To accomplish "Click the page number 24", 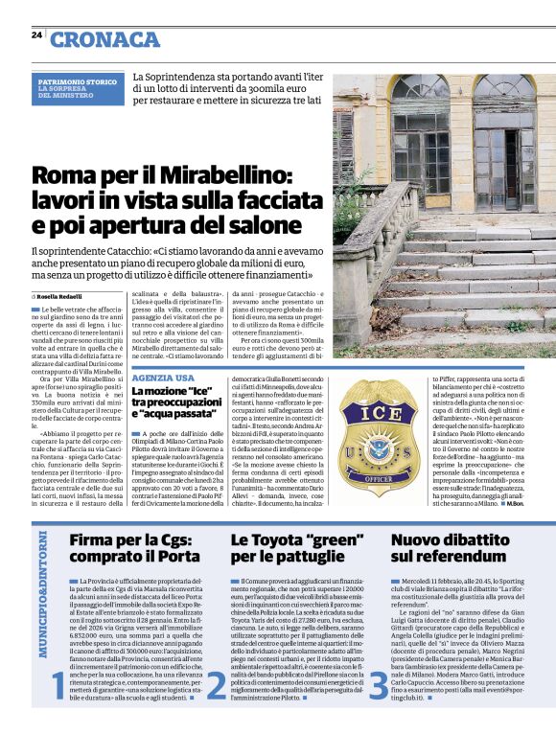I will coord(36,34).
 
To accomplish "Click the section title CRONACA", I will coord(105,38).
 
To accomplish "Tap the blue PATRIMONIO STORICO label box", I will coord(81,89).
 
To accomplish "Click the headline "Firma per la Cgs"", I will coord(128,539).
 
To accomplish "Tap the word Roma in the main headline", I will coord(64,176).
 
